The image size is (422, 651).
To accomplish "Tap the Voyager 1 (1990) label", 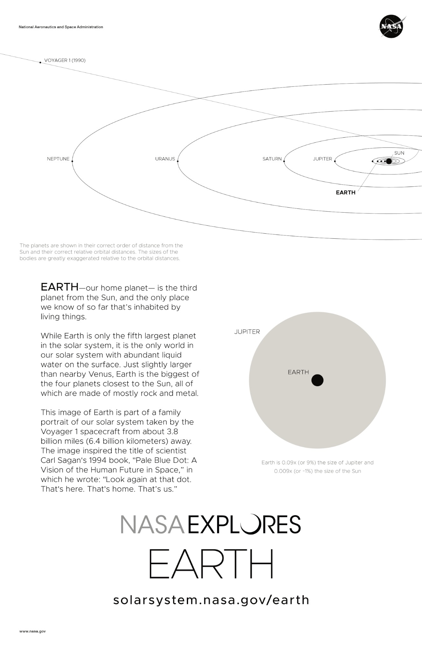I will click(x=65, y=60).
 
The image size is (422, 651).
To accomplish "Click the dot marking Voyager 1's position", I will click(x=40, y=63).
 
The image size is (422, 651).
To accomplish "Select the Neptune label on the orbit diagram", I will click(x=58, y=159).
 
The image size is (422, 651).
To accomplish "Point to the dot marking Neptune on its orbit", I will click(x=73, y=161).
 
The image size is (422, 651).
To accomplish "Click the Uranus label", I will click(x=165, y=159).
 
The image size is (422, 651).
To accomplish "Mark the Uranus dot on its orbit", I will click(x=178, y=161).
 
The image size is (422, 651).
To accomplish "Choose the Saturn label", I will click(x=272, y=159).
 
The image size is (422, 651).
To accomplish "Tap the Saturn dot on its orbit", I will click(x=284, y=161).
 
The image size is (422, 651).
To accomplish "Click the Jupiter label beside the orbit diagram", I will click(x=322, y=159).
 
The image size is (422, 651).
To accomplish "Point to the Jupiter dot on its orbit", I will click(x=335, y=161).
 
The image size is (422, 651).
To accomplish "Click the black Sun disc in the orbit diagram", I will click(x=389, y=161).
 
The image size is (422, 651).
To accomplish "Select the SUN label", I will click(x=399, y=153).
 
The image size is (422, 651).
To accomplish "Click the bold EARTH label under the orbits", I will click(x=346, y=193).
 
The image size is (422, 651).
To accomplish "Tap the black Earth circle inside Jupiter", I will click(x=317, y=380).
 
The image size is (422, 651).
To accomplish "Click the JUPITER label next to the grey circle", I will click(x=247, y=332).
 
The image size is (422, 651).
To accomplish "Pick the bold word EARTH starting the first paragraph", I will click(x=60, y=287).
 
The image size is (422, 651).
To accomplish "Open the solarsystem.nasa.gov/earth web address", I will click(x=211, y=600).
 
